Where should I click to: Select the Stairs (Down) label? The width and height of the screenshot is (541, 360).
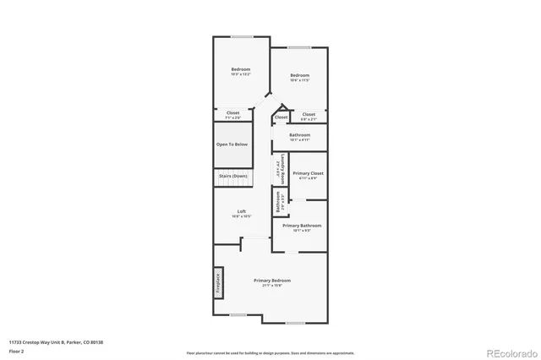tap(232, 176)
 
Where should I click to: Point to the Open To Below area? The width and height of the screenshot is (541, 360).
tap(232, 145)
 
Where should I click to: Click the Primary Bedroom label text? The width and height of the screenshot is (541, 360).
tap(272, 280)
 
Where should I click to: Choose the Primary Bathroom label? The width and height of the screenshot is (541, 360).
tap(302, 226)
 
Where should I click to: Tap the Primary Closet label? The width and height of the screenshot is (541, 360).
tap(308, 173)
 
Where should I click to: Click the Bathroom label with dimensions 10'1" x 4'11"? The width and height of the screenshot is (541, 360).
tap(299, 135)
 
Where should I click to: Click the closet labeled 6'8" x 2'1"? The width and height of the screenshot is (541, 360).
tap(309, 115)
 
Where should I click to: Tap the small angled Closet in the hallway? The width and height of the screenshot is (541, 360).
tap(281, 117)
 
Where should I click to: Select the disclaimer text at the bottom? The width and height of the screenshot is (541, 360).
tap(270, 352)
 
